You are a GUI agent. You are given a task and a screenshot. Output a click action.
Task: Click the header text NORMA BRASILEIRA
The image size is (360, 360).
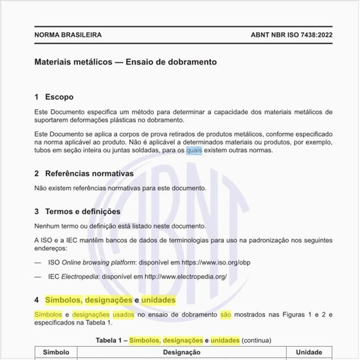[67, 35]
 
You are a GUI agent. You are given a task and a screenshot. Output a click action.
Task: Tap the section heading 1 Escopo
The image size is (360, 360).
[54, 97]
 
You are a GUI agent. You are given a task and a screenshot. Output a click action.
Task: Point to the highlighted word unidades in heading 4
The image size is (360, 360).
[158, 300]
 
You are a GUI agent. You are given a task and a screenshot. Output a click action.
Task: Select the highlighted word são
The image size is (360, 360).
[226, 314]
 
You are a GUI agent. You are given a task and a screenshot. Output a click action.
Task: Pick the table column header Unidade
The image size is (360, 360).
[309, 352]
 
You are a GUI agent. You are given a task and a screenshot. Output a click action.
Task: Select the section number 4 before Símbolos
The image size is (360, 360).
[37, 300]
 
